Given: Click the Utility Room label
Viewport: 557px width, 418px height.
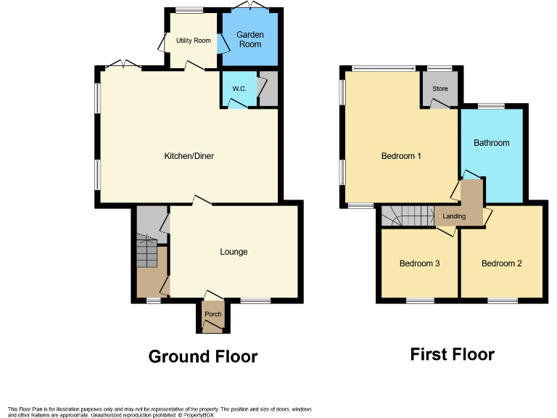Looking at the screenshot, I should [192, 41].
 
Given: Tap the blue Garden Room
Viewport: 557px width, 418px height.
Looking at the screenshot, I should [251, 39].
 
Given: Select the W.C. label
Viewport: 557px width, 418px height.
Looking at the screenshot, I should [239, 89].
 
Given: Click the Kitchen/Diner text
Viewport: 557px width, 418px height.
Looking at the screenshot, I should [189, 156].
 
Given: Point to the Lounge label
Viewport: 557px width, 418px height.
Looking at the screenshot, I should [234, 252].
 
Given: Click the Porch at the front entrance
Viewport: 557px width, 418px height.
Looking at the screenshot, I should [213, 314].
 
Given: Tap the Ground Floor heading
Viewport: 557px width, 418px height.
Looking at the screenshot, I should [202, 356].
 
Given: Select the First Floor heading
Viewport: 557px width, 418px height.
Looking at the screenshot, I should [452, 354].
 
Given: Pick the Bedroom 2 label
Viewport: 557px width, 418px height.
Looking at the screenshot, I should [501, 263].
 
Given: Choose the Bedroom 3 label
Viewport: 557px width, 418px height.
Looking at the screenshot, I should [419, 263].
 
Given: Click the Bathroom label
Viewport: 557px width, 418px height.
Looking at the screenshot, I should [491, 143].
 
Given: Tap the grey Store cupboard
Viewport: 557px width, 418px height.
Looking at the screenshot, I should [440, 89].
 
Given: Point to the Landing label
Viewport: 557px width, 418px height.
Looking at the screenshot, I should [454, 216].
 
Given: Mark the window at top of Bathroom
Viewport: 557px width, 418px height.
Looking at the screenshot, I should [491, 106].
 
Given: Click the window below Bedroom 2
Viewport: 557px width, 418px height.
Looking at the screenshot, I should [502, 300].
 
